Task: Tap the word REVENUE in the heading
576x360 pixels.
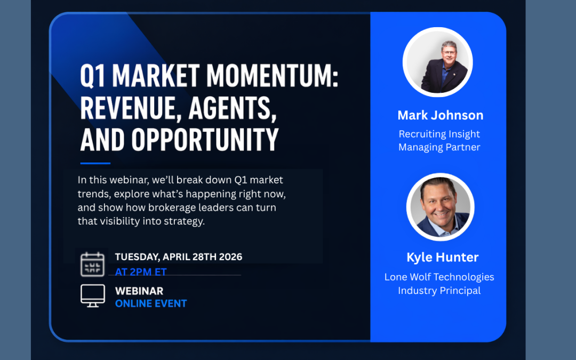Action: click(131, 108)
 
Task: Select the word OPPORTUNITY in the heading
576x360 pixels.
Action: click(205, 140)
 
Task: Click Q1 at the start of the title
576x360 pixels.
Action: click(93, 76)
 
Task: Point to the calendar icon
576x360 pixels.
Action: click(93, 264)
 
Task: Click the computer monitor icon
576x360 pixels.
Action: click(93, 295)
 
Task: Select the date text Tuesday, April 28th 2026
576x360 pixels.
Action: click(179, 257)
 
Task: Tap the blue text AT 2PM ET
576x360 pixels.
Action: click(141, 272)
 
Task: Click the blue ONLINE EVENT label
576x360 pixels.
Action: click(151, 303)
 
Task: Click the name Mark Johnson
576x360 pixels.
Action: click(441, 115)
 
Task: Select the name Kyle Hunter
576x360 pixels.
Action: click(443, 257)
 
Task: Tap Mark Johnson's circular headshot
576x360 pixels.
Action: click(437, 62)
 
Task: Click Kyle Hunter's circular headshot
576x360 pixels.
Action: click(440, 207)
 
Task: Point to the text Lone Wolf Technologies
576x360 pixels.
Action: click(439, 277)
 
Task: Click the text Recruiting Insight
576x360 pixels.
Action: click(439, 134)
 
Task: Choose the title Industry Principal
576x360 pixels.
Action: click(439, 291)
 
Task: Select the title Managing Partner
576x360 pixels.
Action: click(439, 147)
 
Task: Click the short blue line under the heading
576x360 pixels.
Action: click(95, 163)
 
